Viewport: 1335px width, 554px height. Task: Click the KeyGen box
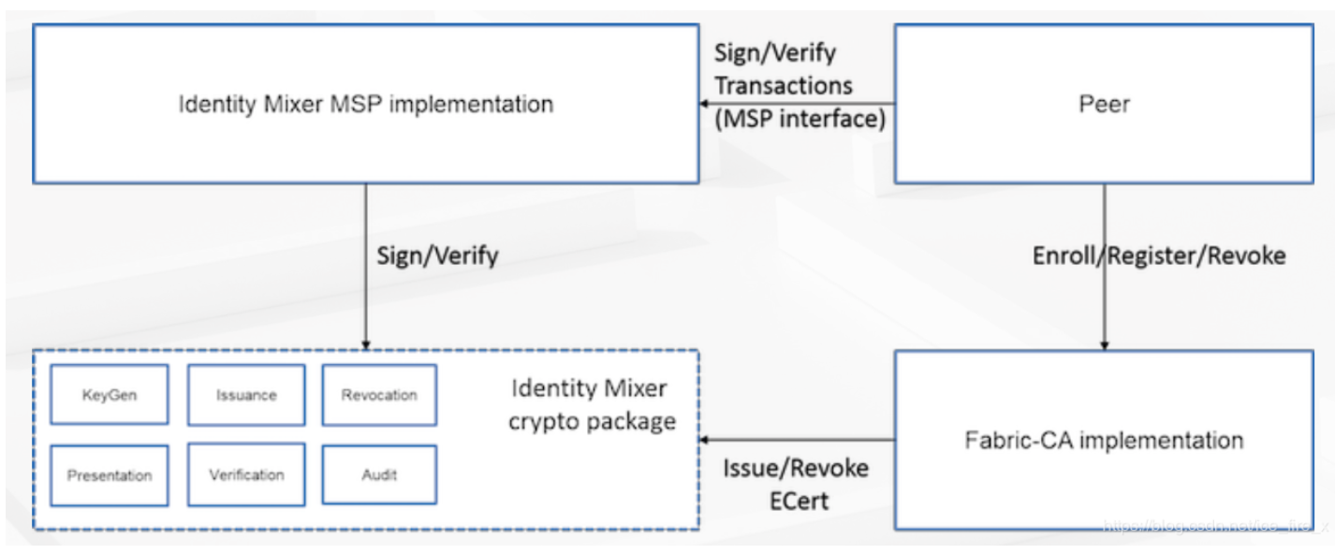110,395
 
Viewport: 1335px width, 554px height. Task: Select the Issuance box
246,395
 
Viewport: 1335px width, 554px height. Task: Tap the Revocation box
379,395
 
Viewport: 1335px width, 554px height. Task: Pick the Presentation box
110,475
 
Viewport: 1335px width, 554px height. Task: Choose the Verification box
246,475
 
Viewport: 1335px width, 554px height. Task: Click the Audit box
379,475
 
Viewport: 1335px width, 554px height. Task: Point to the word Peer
1105,104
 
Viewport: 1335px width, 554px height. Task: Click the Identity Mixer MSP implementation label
365,104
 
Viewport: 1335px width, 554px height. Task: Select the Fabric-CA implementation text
1104,440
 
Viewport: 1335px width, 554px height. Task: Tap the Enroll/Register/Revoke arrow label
1159,255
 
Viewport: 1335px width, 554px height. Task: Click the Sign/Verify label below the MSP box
437,255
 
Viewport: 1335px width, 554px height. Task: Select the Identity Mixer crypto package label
590,405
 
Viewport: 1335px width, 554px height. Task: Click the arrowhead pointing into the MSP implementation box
705,104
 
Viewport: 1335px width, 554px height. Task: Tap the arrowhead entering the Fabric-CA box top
1104,345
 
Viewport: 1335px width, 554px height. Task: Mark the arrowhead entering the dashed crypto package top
365,343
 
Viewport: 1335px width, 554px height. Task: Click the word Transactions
784,86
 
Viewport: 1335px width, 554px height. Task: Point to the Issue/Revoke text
796,467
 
